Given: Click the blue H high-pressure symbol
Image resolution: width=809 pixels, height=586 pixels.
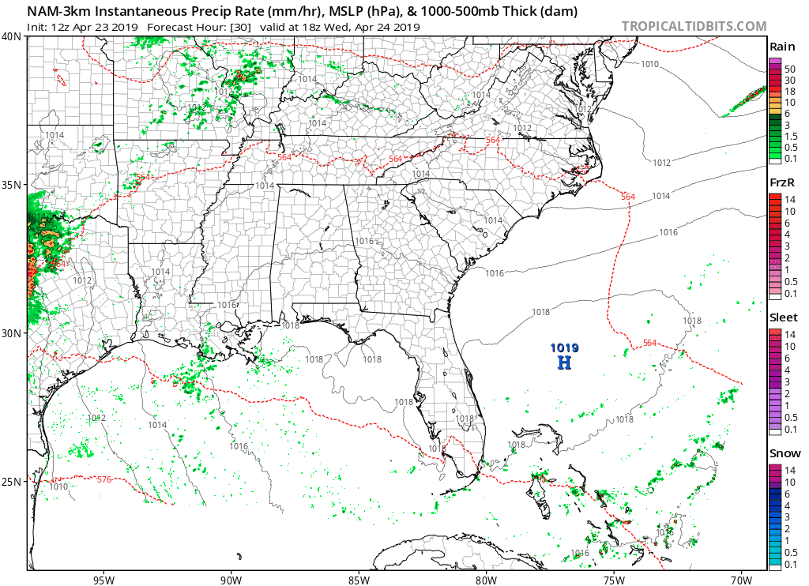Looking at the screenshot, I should point(564,362).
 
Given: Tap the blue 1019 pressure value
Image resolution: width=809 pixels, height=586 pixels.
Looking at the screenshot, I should point(565,347).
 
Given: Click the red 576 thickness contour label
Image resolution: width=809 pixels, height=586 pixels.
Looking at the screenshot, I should point(104,479).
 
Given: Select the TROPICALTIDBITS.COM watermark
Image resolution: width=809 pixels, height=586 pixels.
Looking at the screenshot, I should point(694,26).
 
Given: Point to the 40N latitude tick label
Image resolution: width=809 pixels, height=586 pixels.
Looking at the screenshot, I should point(12,36).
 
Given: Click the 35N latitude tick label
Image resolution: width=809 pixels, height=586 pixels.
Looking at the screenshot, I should point(12,185).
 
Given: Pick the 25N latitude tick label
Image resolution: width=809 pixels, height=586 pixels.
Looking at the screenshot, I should point(12,482).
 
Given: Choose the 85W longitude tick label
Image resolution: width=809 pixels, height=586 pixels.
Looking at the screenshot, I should point(359,577).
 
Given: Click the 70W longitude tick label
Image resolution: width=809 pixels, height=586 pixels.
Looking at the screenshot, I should point(742,577).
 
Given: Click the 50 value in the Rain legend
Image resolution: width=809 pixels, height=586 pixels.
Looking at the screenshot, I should point(789,69).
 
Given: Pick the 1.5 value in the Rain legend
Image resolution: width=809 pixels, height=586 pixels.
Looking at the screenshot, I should point(790,136).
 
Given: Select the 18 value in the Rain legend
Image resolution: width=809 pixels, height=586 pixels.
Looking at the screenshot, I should point(789,91).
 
